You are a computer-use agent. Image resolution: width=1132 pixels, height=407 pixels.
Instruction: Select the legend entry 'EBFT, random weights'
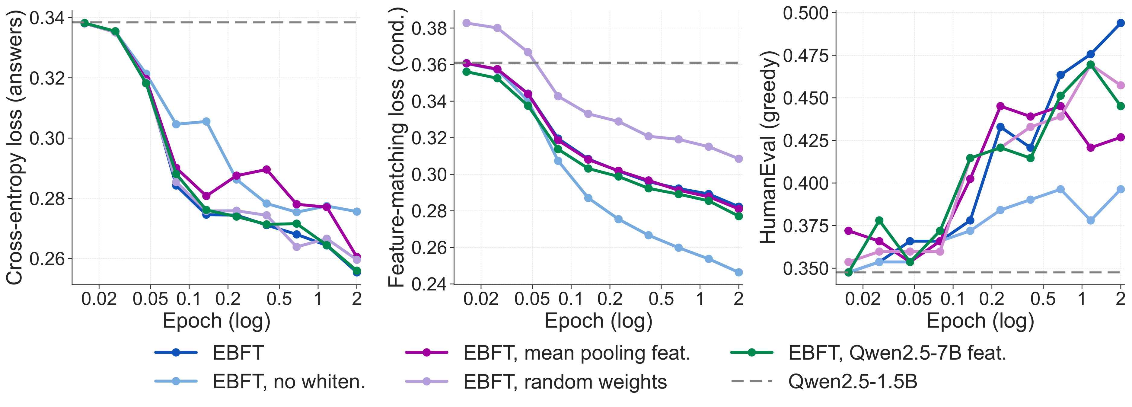pos(565,382)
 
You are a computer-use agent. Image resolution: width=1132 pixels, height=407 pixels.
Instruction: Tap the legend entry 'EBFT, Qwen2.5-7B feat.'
pos(897,352)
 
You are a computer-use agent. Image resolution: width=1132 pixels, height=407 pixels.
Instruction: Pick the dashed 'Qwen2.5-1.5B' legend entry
pos(853,382)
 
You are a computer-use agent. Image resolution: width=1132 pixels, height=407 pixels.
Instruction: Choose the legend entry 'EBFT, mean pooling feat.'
pos(576,352)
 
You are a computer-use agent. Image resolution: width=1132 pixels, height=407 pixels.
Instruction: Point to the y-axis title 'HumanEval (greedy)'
pos(769,147)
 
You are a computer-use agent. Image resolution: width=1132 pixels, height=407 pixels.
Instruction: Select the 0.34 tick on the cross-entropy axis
pos(46,18)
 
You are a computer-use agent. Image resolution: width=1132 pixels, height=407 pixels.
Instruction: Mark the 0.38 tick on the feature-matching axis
pos(429,29)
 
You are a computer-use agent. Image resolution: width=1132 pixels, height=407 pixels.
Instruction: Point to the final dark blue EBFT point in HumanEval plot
pos(1121,23)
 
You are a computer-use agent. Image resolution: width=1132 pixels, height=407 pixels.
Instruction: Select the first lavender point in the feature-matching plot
pos(467,23)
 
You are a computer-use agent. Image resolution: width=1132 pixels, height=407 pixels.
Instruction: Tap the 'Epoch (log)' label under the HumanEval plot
pos(980,321)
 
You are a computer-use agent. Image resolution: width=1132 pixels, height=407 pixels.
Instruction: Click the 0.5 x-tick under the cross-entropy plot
pos(279,299)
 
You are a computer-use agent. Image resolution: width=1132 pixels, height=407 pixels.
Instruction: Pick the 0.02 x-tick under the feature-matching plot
pos(481,299)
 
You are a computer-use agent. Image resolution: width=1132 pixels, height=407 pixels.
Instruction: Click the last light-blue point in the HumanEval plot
pos(1121,189)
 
